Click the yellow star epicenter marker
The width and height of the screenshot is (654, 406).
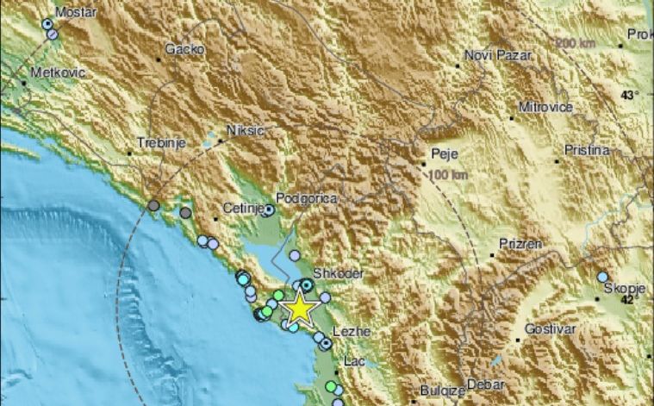[x=299, y=308]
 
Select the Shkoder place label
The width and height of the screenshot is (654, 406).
[x=335, y=273]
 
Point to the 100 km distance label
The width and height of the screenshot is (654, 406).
[x=446, y=175]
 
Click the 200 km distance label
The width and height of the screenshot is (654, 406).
[x=576, y=42]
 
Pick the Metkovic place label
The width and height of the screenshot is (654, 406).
[x=58, y=73]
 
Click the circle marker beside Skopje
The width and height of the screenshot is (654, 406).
[x=602, y=277]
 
